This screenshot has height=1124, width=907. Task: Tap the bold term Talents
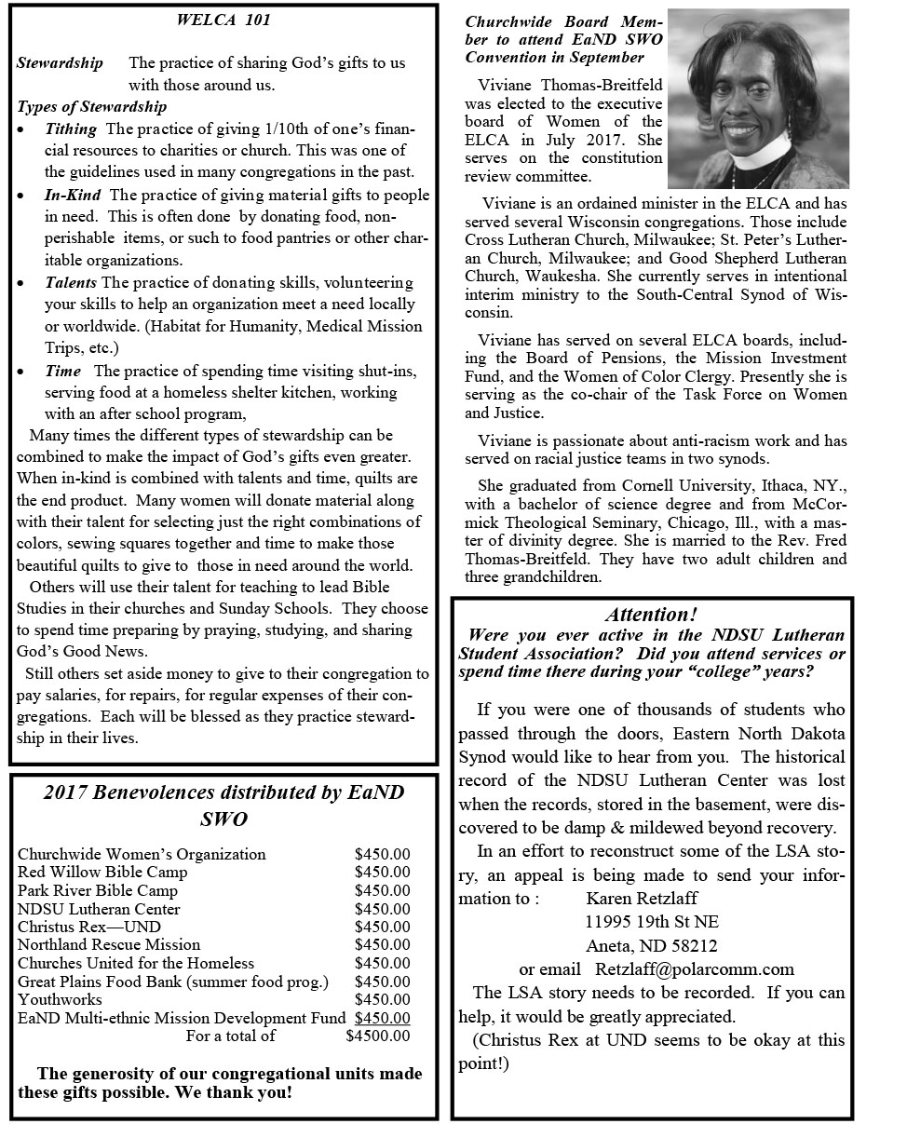click(x=72, y=282)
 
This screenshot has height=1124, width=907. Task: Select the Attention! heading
click(x=651, y=614)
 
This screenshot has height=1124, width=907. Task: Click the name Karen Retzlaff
click(x=642, y=898)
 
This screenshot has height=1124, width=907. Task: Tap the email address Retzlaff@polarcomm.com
click(x=695, y=969)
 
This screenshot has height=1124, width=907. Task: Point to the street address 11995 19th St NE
click(x=651, y=922)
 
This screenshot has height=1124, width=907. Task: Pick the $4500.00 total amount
click(x=377, y=1036)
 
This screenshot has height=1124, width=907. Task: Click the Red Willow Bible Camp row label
click(x=102, y=872)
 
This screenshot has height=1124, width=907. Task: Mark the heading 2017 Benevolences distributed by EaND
click(x=223, y=792)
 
